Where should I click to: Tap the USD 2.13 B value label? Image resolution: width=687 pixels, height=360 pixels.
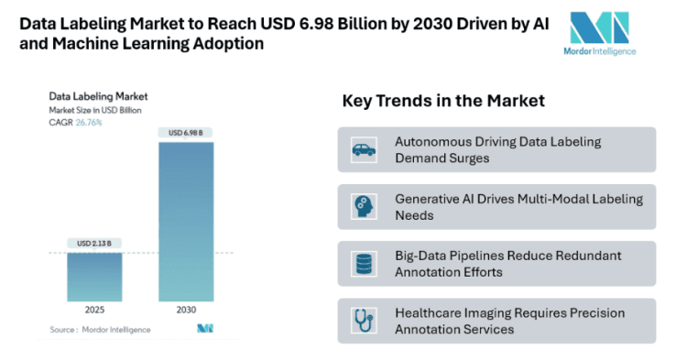(x=94, y=243)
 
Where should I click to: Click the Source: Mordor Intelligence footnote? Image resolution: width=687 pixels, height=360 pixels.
(x=101, y=328)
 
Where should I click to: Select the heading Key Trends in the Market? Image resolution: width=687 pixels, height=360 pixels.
(x=443, y=101)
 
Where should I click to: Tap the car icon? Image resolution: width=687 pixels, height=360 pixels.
(x=364, y=149)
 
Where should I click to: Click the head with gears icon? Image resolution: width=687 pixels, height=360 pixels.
(x=364, y=206)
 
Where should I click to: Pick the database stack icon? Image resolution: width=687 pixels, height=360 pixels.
(x=364, y=264)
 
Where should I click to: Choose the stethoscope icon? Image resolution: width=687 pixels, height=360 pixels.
(x=364, y=321)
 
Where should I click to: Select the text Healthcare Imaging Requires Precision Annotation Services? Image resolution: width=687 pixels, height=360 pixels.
(x=509, y=321)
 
